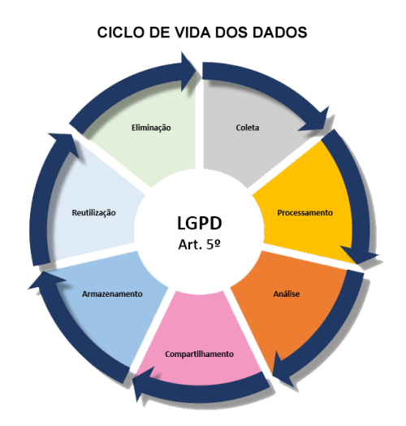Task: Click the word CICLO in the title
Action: tap(120, 33)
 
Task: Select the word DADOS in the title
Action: tap(279, 33)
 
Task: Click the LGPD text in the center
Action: tap(200, 223)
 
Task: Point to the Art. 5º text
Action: tap(199, 244)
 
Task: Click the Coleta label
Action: tap(247, 128)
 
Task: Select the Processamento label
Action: tap(304, 212)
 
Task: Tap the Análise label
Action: tap(287, 293)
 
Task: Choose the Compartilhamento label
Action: tap(199, 354)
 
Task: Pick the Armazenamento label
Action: tap(112, 293)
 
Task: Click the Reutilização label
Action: tap(93, 212)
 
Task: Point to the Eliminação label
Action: tap(151, 128)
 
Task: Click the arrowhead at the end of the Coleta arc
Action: tap(317, 120)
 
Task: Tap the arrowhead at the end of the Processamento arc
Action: tap(358, 254)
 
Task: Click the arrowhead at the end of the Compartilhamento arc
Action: tap(142, 383)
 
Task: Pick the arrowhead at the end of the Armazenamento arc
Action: tap(45, 280)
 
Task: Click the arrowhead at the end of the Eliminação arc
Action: tap(188, 72)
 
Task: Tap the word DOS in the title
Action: tap(231, 33)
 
